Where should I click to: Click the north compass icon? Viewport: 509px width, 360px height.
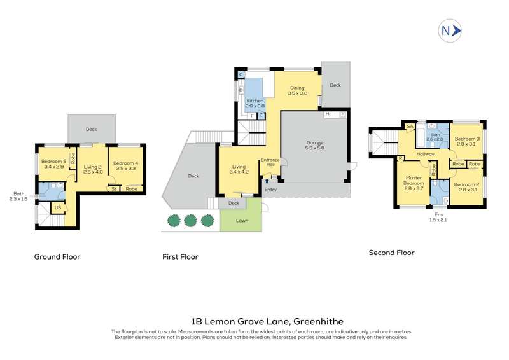pyautogui.click(x=450, y=31)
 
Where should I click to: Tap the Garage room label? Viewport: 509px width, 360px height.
pyautogui.click(x=315, y=145)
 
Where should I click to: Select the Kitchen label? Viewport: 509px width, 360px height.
pyautogui.click(x=255, y=103)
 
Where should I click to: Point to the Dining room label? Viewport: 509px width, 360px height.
pyautogui.click(x=297, y=90)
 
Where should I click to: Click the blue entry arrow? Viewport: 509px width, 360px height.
pyautogui.click(x=267, y=181)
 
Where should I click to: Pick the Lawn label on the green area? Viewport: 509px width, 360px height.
pyautogui.click(x=242, y=221)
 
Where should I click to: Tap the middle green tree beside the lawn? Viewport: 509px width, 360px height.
pyautogui.click(x=190, y=221)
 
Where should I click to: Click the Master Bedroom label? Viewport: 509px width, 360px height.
pyautogui.click(x=414, y=183)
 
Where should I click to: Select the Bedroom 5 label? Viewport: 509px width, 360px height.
pyautogui.click(x=53, y=163)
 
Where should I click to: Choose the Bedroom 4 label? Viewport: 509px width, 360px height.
pyautogui.click(x=125, y=165)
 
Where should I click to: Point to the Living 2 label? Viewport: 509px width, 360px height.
pyautogui.click(x=93, y=169)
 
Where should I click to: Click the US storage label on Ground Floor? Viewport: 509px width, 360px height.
pyautogui.click(x=58, y=208)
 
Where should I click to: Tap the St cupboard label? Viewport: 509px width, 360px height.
pyautogui.click(x=114, y=189)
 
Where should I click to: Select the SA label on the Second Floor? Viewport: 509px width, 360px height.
pyautogui.click(x=410, y=127)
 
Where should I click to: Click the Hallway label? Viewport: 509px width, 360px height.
pyautogui.click(x=425, y=154)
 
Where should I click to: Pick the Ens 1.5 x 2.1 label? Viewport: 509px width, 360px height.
pyautogui.click(x=439, y=217)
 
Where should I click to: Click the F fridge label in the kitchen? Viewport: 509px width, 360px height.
pyautogui.click(x=252, y=116)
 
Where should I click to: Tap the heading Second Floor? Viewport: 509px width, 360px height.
pyautogui.click(x=391, y=253)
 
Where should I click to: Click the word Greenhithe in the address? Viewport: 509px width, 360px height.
pyautogui.click(x=318, y=321)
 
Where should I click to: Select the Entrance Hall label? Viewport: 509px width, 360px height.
pyautogui.click(x=270, y=162)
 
